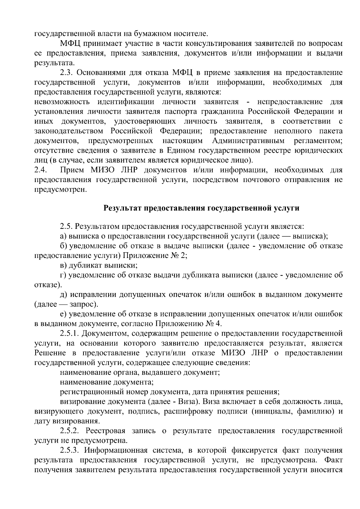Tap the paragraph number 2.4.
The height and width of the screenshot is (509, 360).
point(40,170)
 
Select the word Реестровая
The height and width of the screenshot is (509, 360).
point(105,431)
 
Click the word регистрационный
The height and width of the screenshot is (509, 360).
point(88,392)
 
